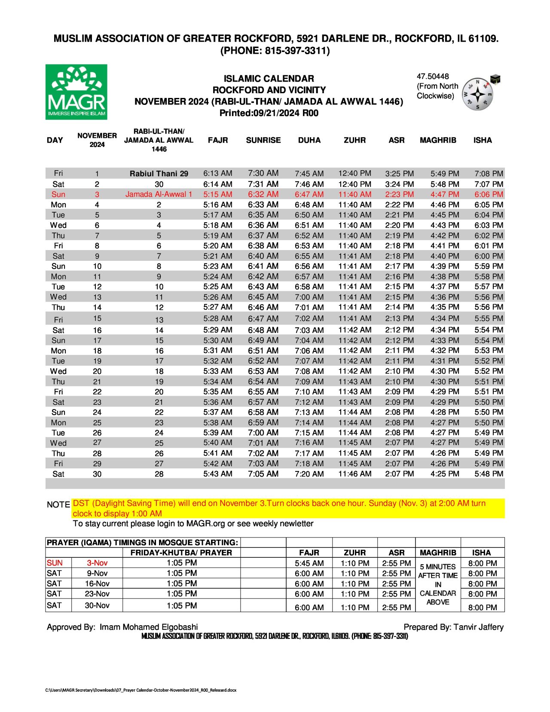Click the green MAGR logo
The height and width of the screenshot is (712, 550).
(x=76, y=92)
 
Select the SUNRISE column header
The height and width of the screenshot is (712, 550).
(x=263, y=140)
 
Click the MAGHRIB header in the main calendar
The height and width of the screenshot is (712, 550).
(x=438, y=140)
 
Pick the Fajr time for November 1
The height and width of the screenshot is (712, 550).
(x=217, y=174)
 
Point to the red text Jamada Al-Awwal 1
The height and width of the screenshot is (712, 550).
(x=159, y=194)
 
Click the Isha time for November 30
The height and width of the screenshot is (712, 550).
(x=489, y=474)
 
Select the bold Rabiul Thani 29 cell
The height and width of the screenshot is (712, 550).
(x=159, y=174)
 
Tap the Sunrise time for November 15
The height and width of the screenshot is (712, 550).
(x=263, y=319)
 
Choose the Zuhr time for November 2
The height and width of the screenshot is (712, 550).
(x=354, y=184)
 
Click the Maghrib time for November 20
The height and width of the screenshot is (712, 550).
(x=445, y=371)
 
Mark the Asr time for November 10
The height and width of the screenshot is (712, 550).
(x=399, y=266)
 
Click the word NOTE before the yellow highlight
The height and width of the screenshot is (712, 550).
(x=58, y=504)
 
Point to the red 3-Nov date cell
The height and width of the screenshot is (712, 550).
(x=97, y=563)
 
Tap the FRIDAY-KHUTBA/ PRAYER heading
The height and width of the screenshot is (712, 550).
(x=181, y=553)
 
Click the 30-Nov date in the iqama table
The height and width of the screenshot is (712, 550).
(x=97, y=605)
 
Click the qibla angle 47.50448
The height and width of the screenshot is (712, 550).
(x=432, y=76)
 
